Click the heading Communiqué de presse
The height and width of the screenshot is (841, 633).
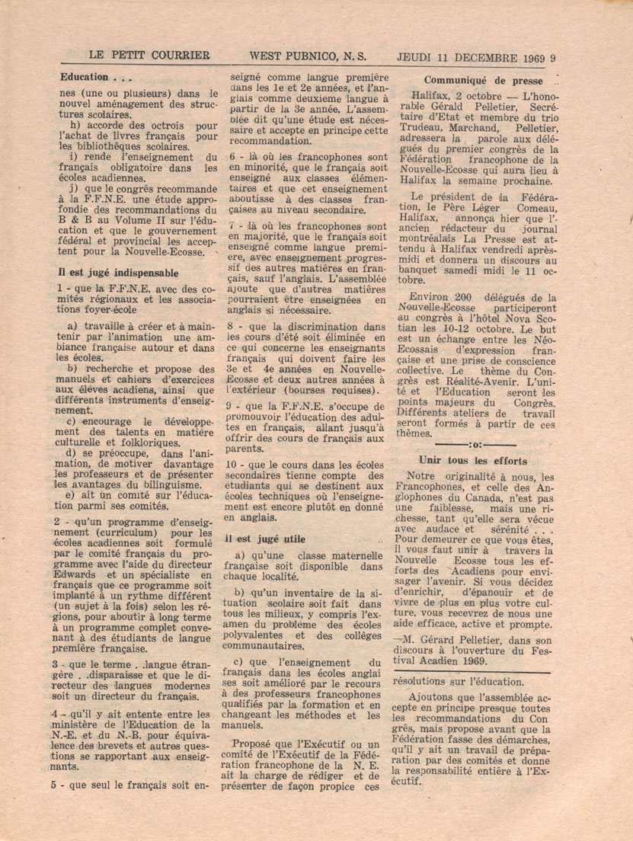[483, 81]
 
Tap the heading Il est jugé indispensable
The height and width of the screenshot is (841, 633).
[118, 272]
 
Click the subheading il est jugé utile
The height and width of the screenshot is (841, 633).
[263, 538]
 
